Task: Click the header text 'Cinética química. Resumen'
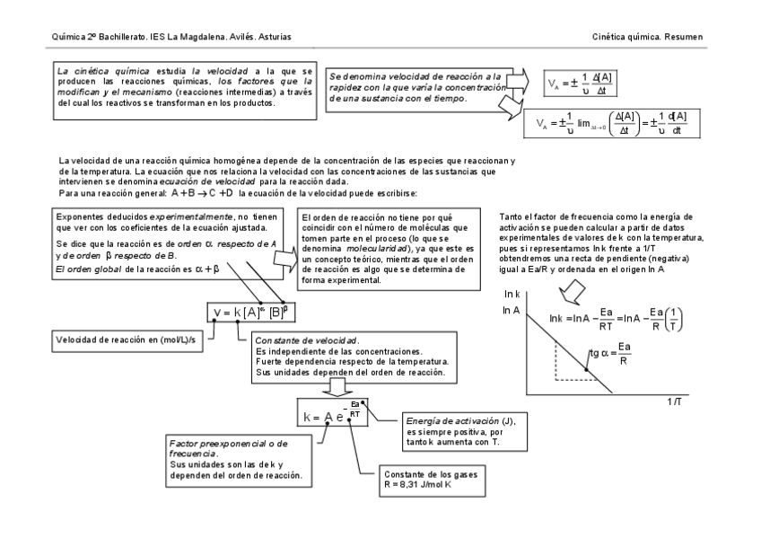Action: click(x=647, y=36)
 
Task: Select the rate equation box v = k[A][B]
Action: click(x=250, y=312)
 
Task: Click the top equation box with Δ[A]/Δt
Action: click(x=581, y=84)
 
